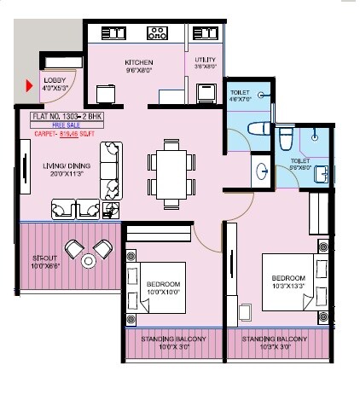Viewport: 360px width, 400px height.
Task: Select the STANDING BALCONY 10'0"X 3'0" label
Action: pos(175,344)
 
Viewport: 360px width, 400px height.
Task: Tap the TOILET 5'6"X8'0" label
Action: pos(301,163)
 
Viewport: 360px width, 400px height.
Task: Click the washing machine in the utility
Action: pos(207,92)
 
